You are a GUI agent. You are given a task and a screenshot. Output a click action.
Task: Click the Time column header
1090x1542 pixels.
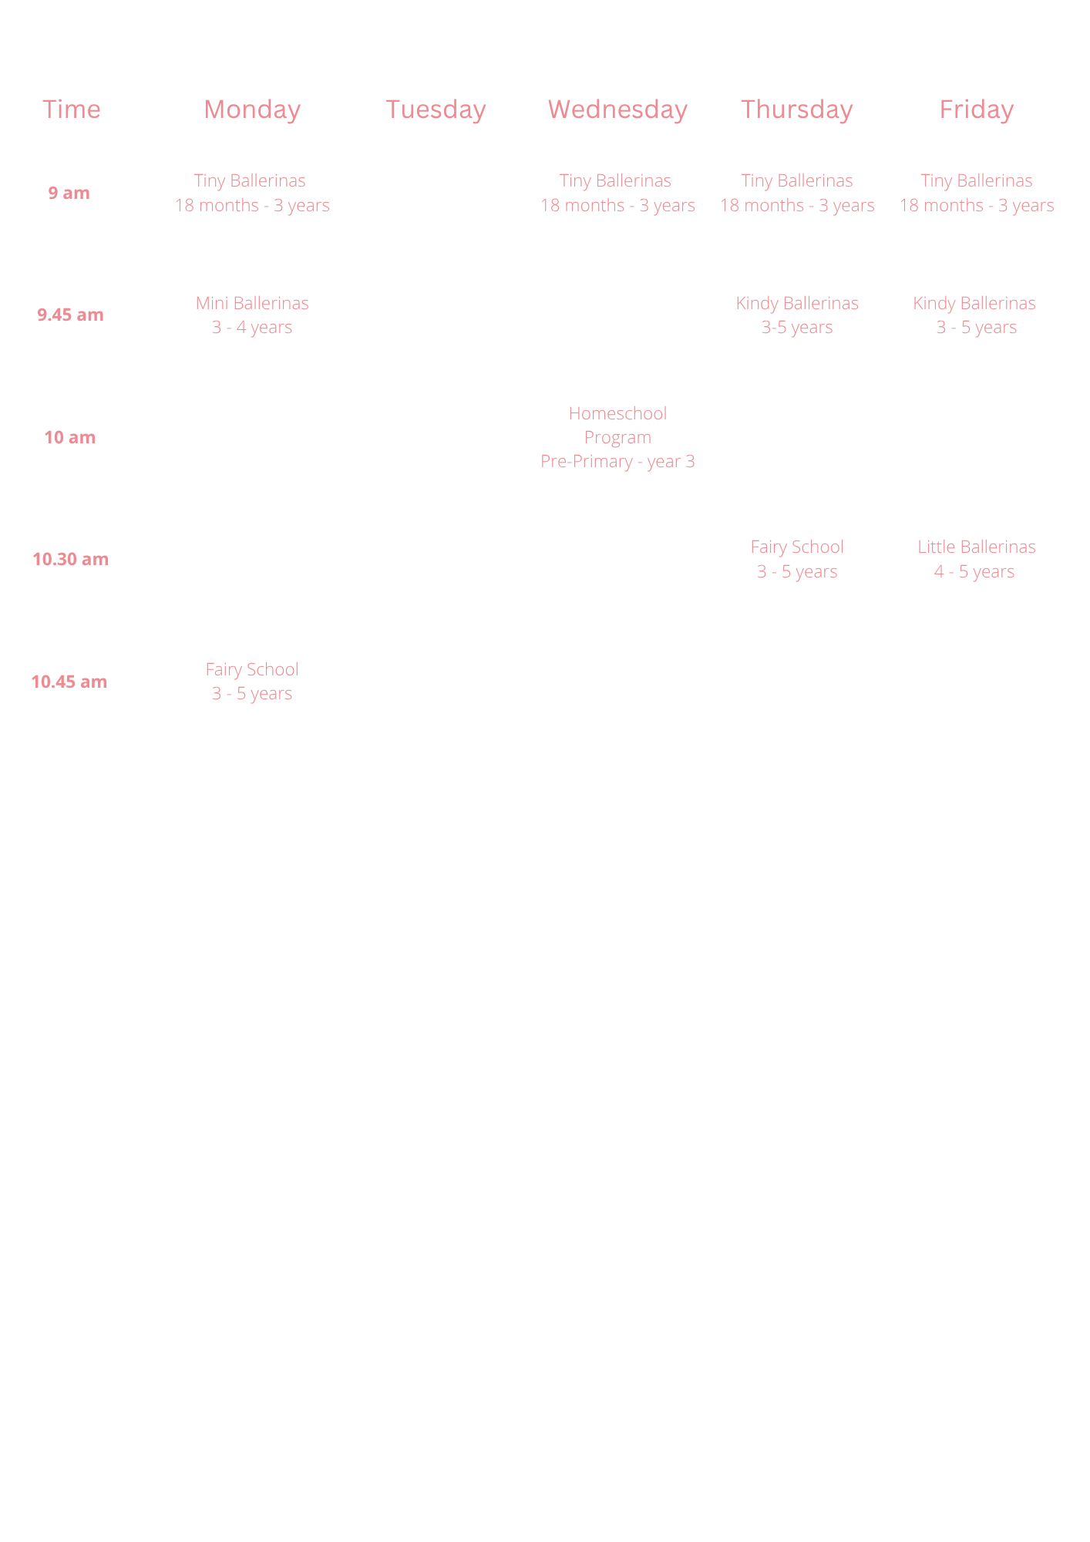point(72,109)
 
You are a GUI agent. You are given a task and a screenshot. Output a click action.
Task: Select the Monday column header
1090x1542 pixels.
point(252,109)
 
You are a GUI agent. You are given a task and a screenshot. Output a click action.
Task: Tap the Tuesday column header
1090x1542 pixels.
point(436,109)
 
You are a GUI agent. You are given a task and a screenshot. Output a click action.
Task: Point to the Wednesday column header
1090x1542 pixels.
point(617,109)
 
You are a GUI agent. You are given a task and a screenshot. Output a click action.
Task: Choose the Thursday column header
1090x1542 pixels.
point(797,109)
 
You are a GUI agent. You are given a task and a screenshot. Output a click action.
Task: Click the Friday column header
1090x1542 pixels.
point(977,109)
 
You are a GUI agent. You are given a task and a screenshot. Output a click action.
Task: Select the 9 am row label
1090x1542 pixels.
point(69,193)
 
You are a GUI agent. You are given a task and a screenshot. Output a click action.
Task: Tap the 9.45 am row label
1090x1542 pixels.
point(70,315)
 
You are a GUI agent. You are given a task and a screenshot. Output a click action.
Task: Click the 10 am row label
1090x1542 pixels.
point(70,437)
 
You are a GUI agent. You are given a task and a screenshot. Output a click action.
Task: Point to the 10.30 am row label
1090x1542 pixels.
point(70,559)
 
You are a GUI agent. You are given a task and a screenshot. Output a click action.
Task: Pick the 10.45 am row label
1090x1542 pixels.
point(69,682)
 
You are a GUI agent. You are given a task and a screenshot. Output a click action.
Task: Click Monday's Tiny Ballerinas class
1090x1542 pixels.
point(252,193)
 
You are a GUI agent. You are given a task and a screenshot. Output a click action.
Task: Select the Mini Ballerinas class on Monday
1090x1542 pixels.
point(252,315)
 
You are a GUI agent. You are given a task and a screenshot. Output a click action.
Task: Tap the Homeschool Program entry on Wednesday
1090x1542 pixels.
point(617,437)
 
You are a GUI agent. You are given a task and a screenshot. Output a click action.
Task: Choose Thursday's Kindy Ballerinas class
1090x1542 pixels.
point(797,315)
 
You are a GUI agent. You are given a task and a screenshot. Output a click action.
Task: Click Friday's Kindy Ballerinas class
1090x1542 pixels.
point(975,315)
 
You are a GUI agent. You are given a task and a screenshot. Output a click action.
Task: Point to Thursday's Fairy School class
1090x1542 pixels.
point(797,559)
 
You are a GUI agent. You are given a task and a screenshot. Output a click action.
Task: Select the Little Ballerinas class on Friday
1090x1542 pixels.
point(976,559)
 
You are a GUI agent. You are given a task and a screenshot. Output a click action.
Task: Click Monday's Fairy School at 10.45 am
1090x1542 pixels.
point(252,682)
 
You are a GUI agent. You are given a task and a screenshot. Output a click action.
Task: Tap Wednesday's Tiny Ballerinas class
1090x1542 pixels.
point(617,193)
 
